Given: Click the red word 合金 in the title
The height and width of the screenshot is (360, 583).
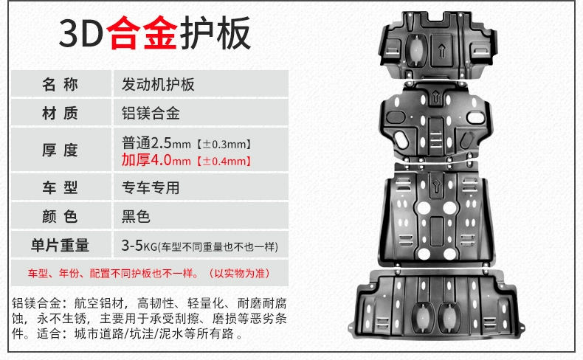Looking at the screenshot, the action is pyautogui.click(x=142, y=33).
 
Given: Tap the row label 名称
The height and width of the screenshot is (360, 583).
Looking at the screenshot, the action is pyautogui.click(x=60, y=84).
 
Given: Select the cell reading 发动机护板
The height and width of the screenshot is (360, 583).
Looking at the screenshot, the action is pyautogui.click(x=158, y=85).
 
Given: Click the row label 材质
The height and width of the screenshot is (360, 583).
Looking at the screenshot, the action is pyautogui.click(x=60, y=113).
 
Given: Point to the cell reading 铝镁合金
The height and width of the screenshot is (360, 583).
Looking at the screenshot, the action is pyautogui.click(x=151, y=114).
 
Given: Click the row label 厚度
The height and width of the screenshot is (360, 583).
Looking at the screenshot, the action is pyautogui.click(x=60, y=150).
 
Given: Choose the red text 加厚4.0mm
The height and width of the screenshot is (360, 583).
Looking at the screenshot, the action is pyautogui.click(x=156, y=160).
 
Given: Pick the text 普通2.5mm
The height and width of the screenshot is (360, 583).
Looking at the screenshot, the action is pyautogui.click(x=156, y=143).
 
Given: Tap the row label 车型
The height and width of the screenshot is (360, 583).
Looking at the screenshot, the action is pyautogui.click(x=60, y=187).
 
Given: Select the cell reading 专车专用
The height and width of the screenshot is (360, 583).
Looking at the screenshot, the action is pyautogui.click(x=151, y=187).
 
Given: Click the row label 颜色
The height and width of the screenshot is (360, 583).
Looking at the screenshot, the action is pyautogui.click(x=60, y=216).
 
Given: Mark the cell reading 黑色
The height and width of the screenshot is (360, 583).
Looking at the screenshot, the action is pyautogui.click(x=136, y=216).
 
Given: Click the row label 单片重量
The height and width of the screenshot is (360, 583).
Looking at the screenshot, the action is pyautogui.click(x=60, y=245).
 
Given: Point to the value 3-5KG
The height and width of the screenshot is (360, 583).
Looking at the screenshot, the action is pyautogui.click(x=139, y=246).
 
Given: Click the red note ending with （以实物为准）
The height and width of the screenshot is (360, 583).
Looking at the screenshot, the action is pyautogui.click(x=150, y=274).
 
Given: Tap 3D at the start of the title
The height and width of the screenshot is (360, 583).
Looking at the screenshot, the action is pyautogui.click(x=81, y=33).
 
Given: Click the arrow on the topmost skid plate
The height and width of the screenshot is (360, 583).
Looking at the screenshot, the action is pyautogui.click(x=442, y=50).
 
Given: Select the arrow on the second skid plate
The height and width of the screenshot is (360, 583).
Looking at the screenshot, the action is pyautogui.click(x=435, y=97).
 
